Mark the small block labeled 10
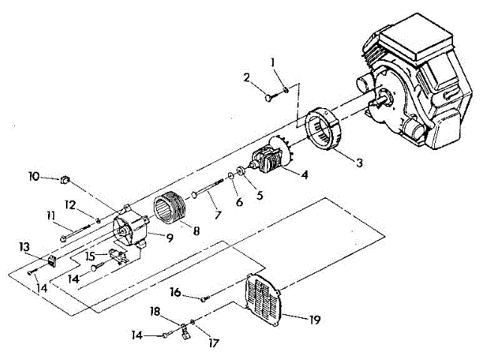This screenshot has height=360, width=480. (x=64, y=179)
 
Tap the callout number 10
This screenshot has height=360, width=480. (x=34, y=177)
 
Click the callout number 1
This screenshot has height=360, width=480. (x=274, y=61)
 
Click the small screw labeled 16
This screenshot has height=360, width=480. (x=203, y=299)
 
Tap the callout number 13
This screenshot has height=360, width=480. (x=25, y=246)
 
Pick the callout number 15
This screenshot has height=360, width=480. (x=91, y=255)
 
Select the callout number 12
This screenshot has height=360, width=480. (x=69, y=204)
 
